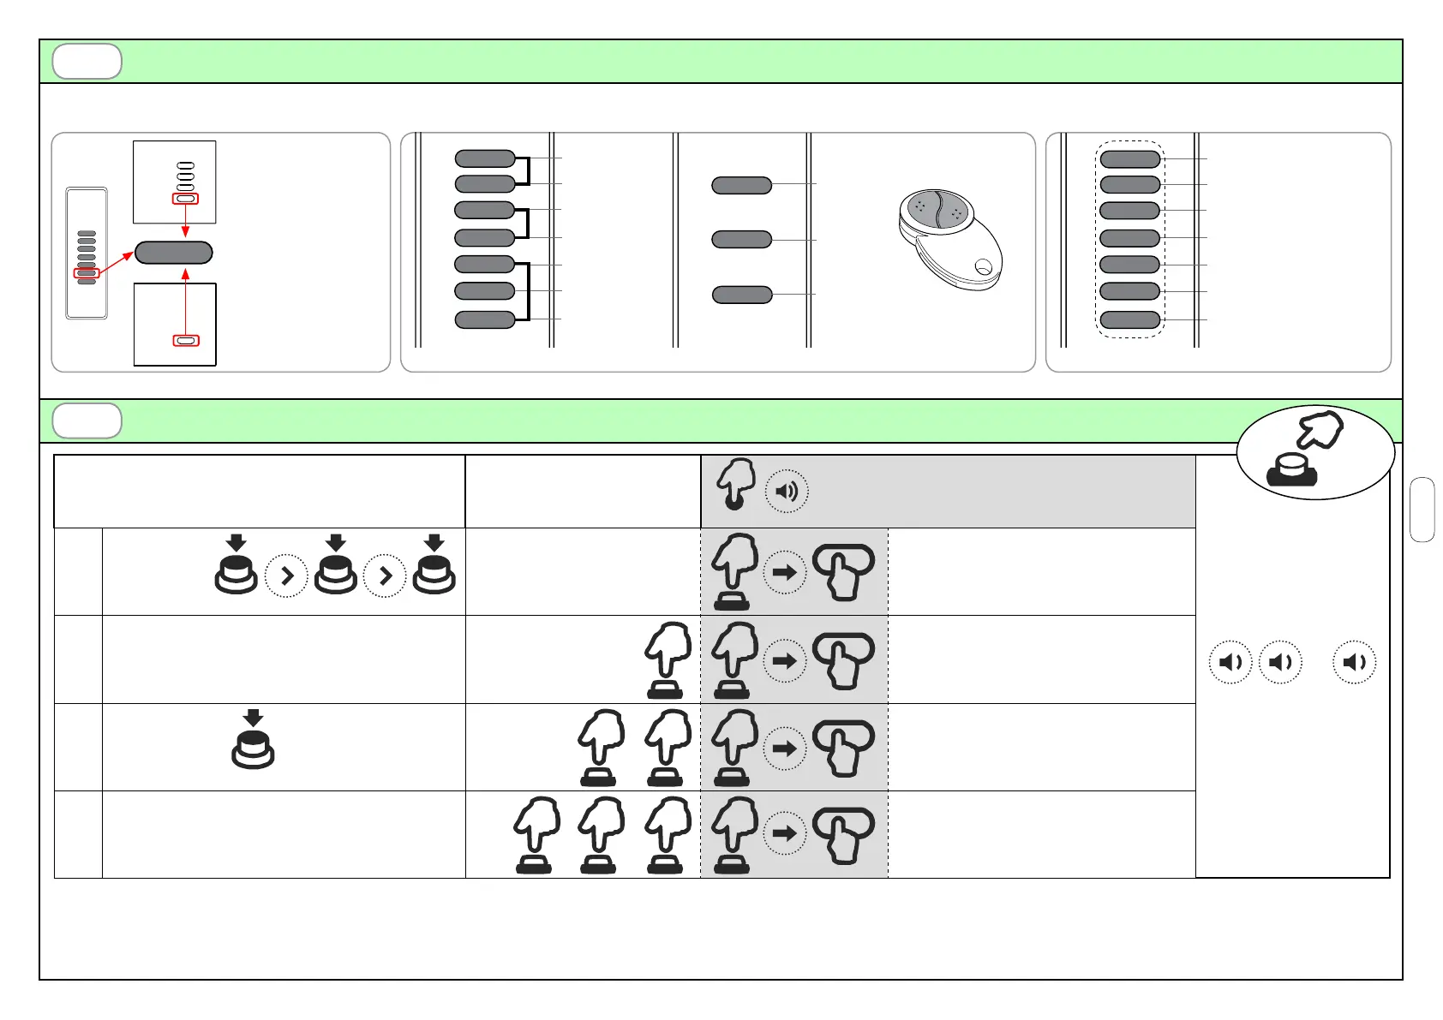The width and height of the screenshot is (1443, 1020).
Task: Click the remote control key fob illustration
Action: pos(949,239)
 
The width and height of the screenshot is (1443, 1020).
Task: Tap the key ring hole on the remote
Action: pos(984,267)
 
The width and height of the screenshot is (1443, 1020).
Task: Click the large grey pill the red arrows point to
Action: pos(174,253)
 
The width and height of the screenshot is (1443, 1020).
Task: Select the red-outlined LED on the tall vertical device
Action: pos(87,273)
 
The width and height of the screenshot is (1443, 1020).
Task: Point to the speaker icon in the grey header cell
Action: pos(786,492)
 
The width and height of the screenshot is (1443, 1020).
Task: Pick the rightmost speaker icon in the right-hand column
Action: pos(1355,662)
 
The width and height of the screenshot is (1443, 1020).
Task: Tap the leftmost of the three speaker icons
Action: pos(1230,662)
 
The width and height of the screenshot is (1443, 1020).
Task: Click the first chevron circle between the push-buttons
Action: pos(286,576)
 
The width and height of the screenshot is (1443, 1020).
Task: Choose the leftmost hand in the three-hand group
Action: pos(536,835)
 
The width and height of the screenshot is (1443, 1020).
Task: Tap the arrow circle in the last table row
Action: pos(785,832)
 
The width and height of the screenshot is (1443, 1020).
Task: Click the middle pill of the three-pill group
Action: pos(742,240)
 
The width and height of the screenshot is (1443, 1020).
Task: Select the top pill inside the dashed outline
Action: pos(1130,158)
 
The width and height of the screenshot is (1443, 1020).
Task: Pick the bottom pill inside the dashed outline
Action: pos(1130,320)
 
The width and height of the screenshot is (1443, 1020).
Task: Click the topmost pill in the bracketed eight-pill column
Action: pos(485,158)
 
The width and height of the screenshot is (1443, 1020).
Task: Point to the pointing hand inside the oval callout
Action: pos(1320,430)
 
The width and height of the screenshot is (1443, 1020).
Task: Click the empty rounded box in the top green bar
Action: pos(87,62)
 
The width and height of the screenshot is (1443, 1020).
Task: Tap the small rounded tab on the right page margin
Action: pos(1422,510)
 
